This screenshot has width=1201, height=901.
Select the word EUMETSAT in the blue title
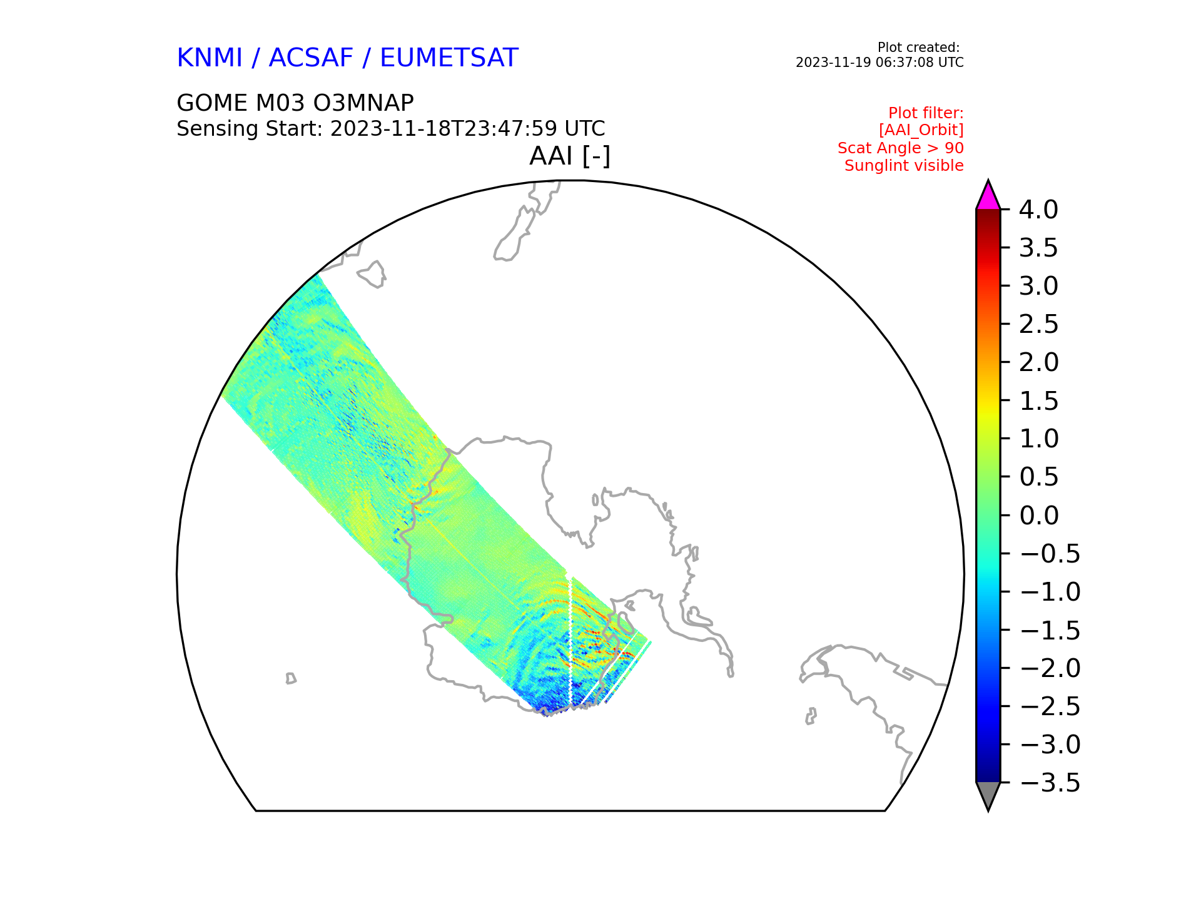click(x=449, y=58)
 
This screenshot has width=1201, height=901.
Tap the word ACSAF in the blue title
click(x=311, y=58)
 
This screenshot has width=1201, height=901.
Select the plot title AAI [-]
click(x=570, y=156)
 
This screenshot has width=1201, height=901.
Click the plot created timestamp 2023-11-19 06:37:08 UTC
click(x=879, y=63)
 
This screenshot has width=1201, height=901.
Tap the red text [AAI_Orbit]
click(x=921, y=130)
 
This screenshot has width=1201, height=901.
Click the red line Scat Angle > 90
click(x=901, y=148)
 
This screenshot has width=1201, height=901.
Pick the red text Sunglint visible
click(x=904, y=166)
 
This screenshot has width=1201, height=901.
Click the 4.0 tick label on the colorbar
click(x=1038, y=210)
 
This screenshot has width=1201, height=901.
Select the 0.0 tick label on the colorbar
click(x=1038, y=516)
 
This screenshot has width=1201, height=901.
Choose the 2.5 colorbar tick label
click(x=1038, y=324)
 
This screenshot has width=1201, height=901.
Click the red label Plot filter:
click(x=926, y=113)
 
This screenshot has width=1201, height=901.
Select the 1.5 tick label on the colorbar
click(x=1038, y=401)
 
